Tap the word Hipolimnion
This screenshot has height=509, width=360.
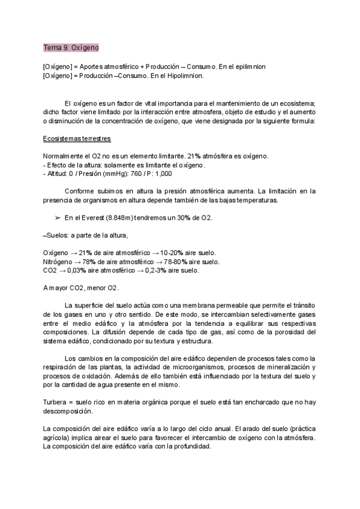pos(183,76)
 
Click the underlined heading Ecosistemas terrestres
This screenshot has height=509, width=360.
pos(77,139)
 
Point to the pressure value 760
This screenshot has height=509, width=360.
pos(136,173)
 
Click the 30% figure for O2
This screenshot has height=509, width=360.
pos(182,217)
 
